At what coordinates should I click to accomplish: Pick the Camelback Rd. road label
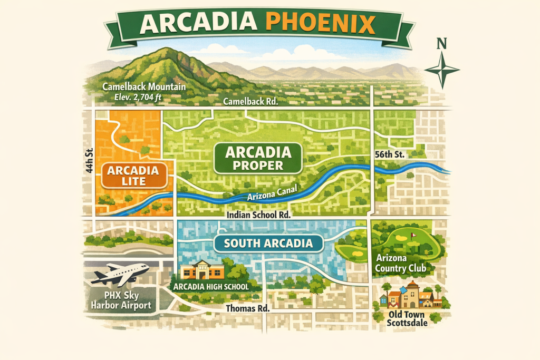(250, 102)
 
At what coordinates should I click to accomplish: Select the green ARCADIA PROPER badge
(258, 158)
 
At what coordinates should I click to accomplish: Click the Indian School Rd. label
(258, 215)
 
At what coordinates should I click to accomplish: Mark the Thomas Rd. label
(247, 308)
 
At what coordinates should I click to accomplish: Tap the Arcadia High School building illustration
(203, 270)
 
